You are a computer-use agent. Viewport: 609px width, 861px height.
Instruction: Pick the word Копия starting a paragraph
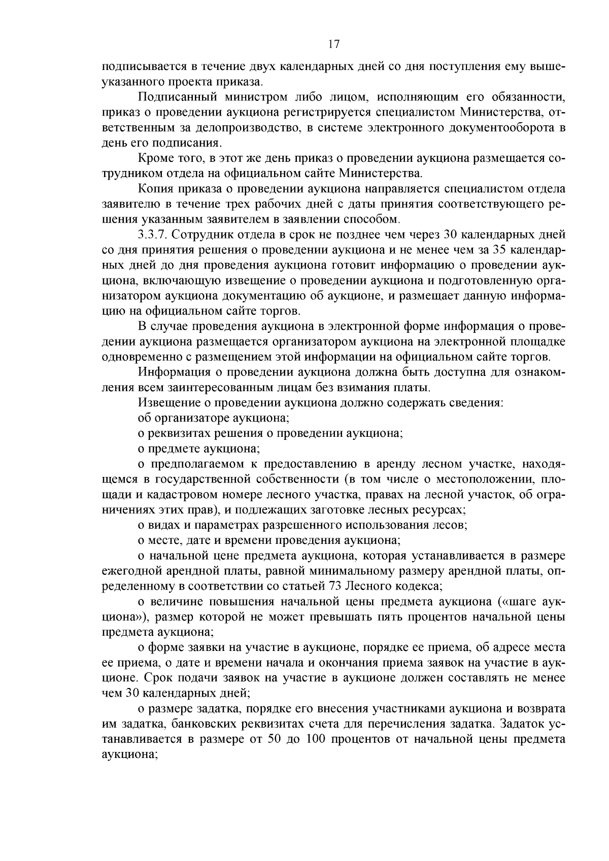click(x=154, y=189)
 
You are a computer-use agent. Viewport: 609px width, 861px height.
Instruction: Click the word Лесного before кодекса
click(x=369, y=586)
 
